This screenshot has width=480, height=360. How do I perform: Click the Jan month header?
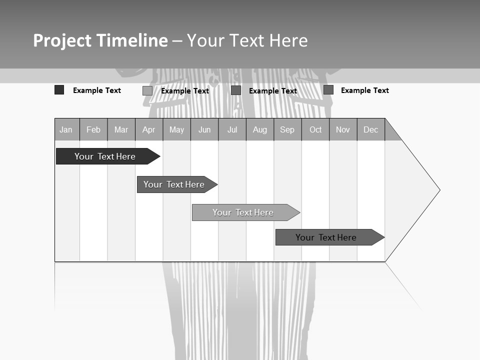click(x=66, y=129)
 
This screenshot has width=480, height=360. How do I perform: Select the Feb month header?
click(x=93, y=129)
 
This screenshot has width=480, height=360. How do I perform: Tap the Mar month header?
click(x=121, y=129)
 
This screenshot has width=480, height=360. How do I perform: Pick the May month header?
click(x=176, y=129)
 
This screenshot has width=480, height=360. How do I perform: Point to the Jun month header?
click(x=204, y=129)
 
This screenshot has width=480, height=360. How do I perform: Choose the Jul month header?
click(x=232, y=129)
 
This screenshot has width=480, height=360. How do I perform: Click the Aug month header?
click(x=260, y=129)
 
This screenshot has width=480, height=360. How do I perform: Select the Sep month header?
click(x=287, y=129)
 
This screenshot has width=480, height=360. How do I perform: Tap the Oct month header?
click(x=315, y=129)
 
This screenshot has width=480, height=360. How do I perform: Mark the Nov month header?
click(x=343, y=129)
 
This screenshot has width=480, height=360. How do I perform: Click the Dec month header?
click(x=371, y=129)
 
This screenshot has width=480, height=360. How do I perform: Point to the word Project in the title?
click(x=62, y=40)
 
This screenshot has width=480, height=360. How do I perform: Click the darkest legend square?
click(x=59, y=90)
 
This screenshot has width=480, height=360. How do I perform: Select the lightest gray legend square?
click(x=147, y=90)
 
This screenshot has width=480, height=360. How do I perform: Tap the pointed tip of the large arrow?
click(x=439, y=190)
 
